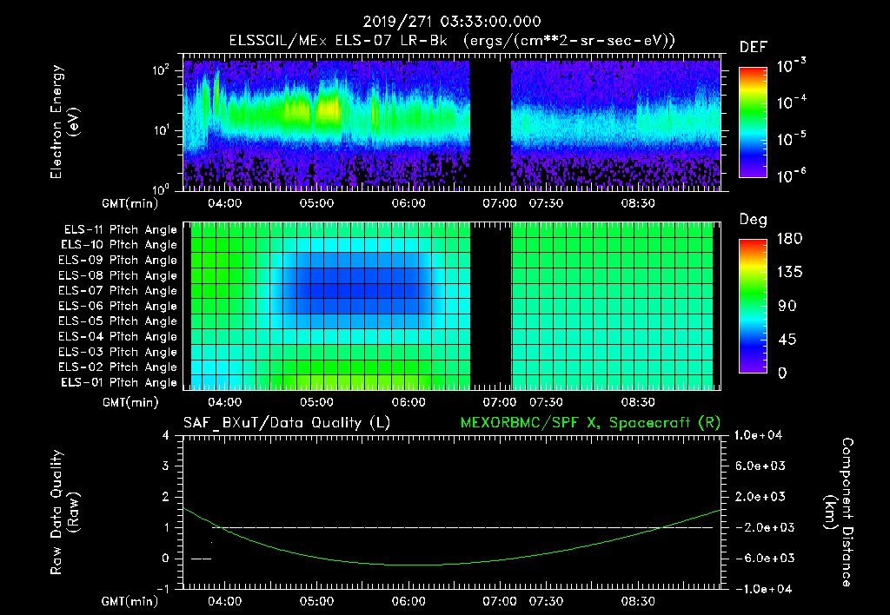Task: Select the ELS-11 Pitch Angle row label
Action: coord(120,230)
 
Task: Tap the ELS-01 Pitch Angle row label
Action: coord(120,383)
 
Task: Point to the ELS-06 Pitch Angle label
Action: coord(120,307)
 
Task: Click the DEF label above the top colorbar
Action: coord(753,47)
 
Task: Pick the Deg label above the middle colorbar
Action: coord(753,220)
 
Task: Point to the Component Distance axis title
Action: coord(836,512)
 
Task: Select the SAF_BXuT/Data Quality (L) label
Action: coord(286,422)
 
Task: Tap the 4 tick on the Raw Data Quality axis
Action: coord(166,436)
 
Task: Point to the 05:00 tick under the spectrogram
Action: coord(316,203)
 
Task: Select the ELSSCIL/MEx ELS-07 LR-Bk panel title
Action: coord(343,41)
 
